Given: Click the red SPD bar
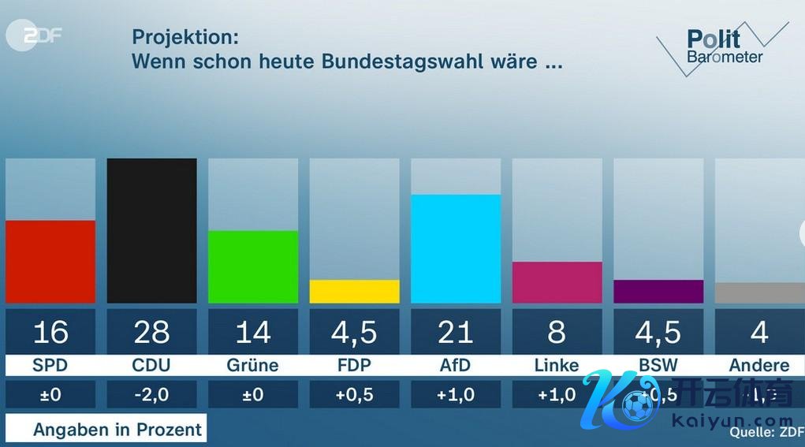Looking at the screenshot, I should tap(50, 262).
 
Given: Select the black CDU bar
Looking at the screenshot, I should tap(151, 230).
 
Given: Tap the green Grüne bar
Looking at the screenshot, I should tap(253, 266).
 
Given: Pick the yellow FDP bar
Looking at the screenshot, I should tap(354, 291).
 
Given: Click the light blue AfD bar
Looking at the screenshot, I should tap(456, 248).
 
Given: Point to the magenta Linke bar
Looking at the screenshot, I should tap(557, 282).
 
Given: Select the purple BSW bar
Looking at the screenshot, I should tap(658, 291).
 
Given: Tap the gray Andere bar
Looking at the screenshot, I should tap(759, 292).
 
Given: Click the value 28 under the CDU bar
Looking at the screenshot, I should tap(151, 333).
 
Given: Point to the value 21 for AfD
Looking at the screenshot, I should tap(456, 333).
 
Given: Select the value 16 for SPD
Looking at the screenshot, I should tap(50, 333).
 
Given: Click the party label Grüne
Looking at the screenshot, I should tap(253, 365).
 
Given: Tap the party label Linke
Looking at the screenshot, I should tap(557, 365).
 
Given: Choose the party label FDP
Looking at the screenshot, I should tap(354, 365).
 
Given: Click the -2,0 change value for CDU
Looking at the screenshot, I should tap(151, 395).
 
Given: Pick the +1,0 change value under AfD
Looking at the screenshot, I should tap(456, 395).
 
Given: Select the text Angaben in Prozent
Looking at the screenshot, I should tap(117, 430).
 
